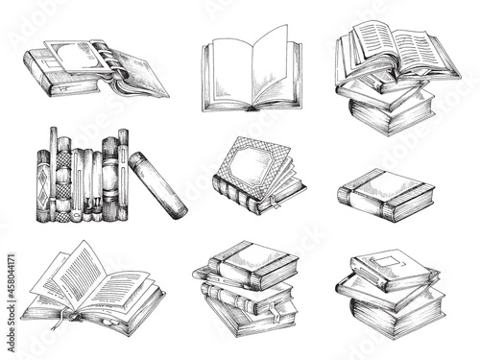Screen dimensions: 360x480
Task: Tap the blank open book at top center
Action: [250, 72]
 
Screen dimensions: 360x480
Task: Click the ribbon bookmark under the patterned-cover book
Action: [273, 204]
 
